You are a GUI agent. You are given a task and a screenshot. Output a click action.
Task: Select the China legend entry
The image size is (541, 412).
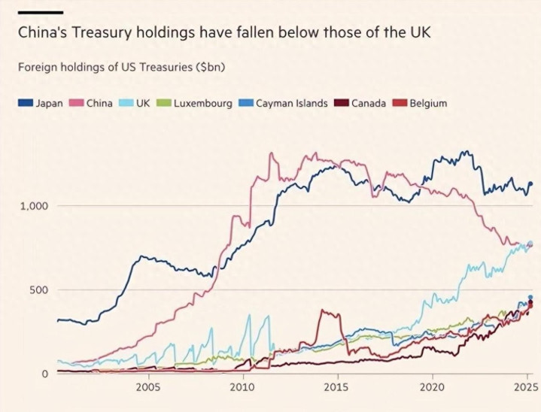pyautogui.click(x=92, y=103)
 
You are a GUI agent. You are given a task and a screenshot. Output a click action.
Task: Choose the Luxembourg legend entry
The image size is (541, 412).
pyautogui.click(x=195, y=103)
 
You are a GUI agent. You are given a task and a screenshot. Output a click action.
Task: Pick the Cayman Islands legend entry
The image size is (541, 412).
pyautogui.click(x=284, y=103)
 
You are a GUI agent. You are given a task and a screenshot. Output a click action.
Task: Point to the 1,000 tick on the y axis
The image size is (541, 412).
pyautogui.click(x=33, y=206)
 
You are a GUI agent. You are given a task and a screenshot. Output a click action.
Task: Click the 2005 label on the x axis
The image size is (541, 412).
pyautogui.click(x=148, y=387)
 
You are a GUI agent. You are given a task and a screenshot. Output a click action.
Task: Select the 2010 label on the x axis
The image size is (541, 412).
pyautogui.click(x=242, y=387)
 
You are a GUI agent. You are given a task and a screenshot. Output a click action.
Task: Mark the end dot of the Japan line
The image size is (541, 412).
pyautogui.click(x=530, y=183)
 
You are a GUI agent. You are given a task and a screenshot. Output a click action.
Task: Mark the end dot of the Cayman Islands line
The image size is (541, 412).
pyautogui.click(x=530, y=298)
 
